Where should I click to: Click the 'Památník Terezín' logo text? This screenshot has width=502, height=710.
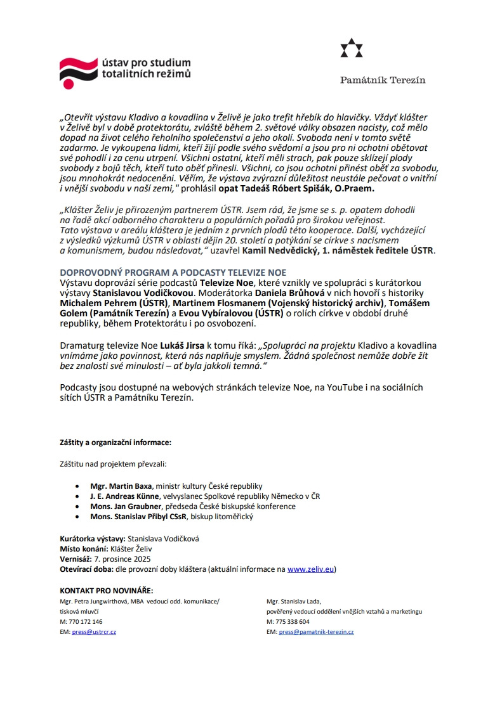click(383, 80)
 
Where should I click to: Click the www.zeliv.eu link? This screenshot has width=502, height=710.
click(311, 569)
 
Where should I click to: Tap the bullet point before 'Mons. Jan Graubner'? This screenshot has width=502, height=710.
click(77, 507)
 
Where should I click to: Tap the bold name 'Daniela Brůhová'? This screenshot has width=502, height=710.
click(290, 294)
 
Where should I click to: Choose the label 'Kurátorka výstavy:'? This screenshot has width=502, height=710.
click(92, 539)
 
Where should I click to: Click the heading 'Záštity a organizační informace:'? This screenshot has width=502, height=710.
click(116, 442)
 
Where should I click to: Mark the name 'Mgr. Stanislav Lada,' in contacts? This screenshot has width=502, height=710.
click(294, 601)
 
